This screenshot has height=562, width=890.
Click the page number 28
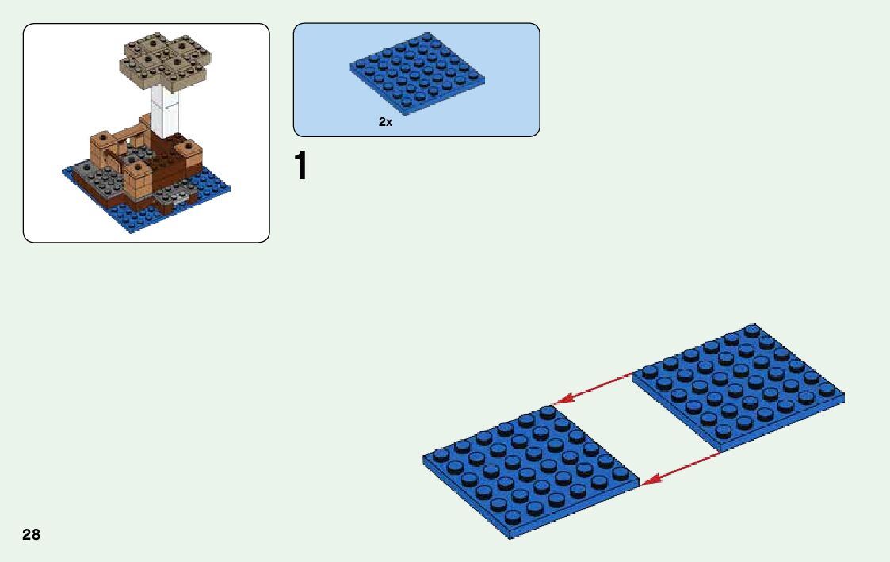32,534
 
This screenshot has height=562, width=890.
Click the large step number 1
300,166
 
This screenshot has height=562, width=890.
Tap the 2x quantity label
385,122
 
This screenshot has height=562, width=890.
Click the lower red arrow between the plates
682,467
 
